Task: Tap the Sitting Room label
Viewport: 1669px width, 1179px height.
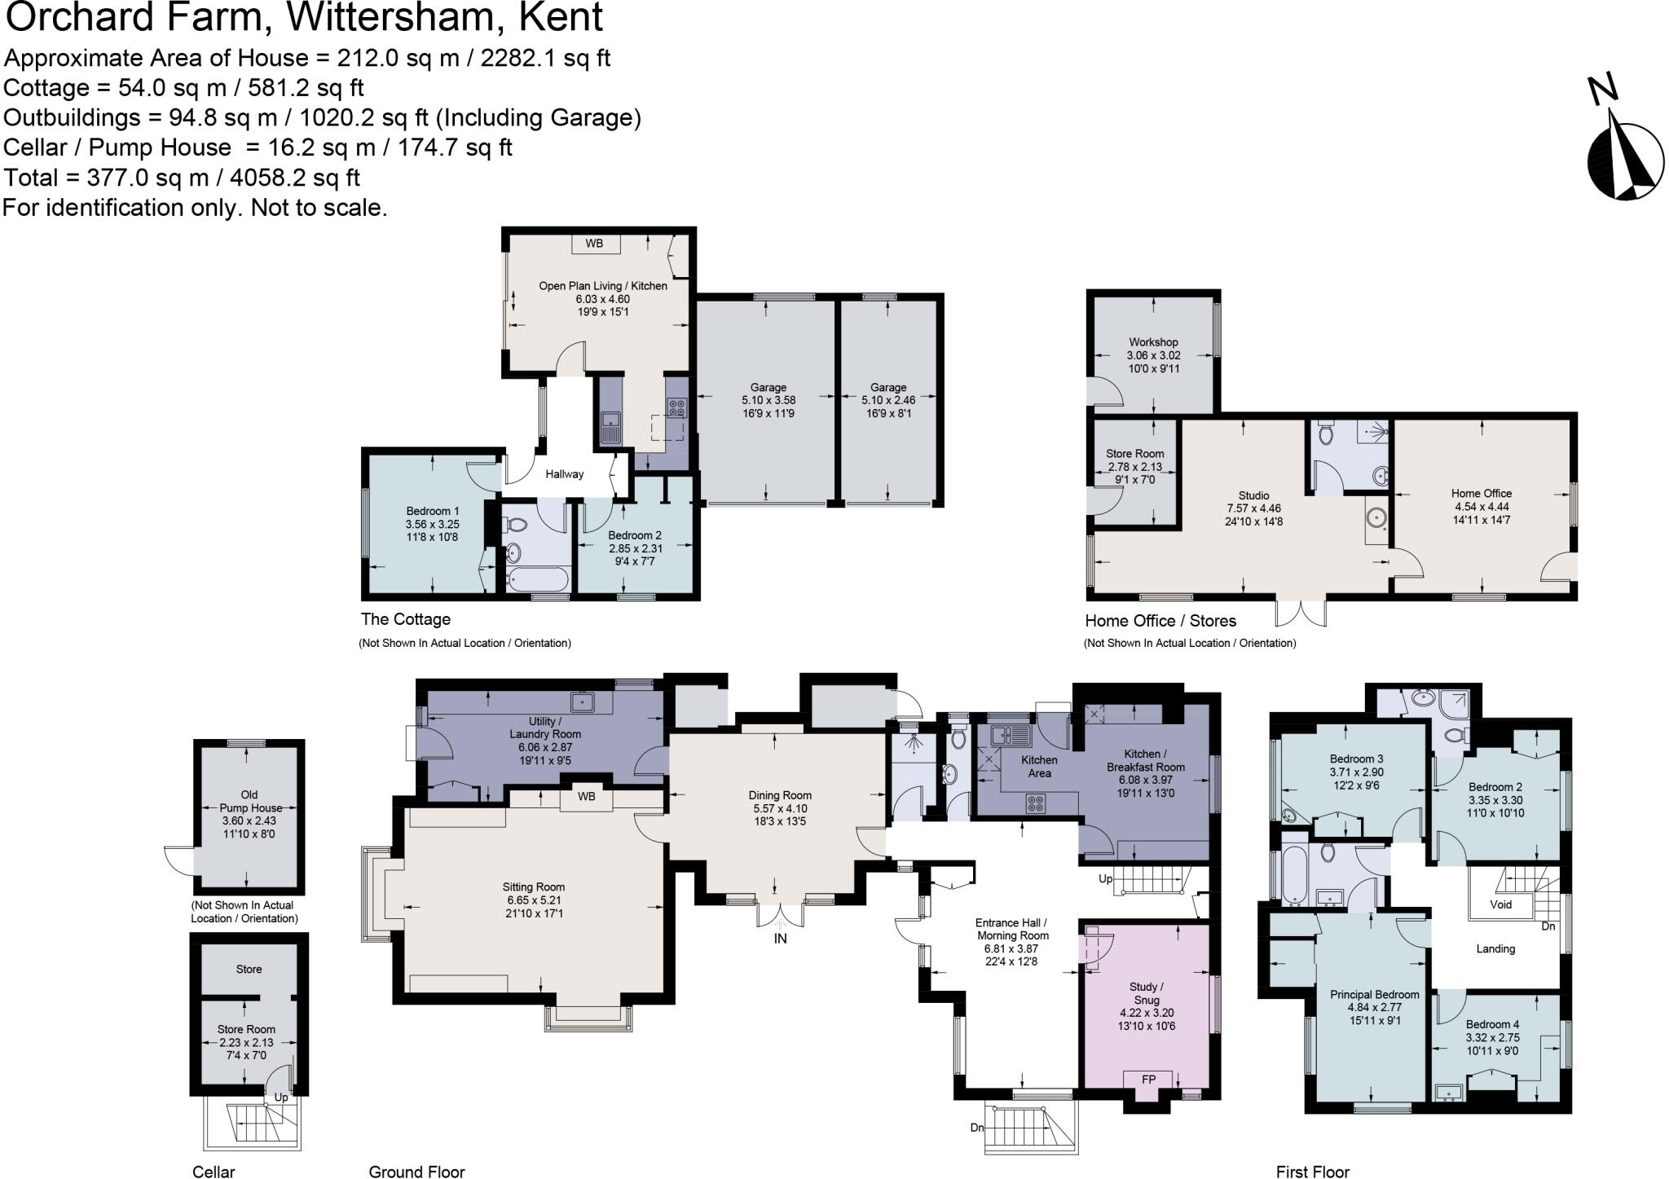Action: pos(534,887)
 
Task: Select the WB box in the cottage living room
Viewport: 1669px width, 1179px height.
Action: pos(594,244)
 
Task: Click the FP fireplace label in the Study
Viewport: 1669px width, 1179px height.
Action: pos(1148,1080)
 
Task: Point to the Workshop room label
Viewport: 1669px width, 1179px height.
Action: pos(1153,342)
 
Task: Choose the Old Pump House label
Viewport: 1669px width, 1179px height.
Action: pos(249,801)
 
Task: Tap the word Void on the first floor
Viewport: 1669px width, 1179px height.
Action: pos(1500,904)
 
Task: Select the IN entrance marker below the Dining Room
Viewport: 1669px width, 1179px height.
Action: pos(780,939)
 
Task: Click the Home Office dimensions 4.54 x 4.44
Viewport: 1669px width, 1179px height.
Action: pos(1481,506)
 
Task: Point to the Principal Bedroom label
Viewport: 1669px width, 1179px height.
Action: pos(1375,995)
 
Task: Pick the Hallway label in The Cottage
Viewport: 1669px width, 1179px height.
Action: pos(564,474)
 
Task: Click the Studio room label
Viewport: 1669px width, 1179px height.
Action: pos(1253,495)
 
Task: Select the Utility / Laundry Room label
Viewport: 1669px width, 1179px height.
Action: pos(544,728)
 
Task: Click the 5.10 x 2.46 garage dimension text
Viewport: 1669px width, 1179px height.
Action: pos(888,401)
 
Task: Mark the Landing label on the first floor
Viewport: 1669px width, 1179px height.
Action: pos(1495,949)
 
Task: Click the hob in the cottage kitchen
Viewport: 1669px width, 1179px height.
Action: pos(676,407)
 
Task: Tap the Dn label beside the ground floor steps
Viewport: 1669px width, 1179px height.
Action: pos(977,1128)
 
